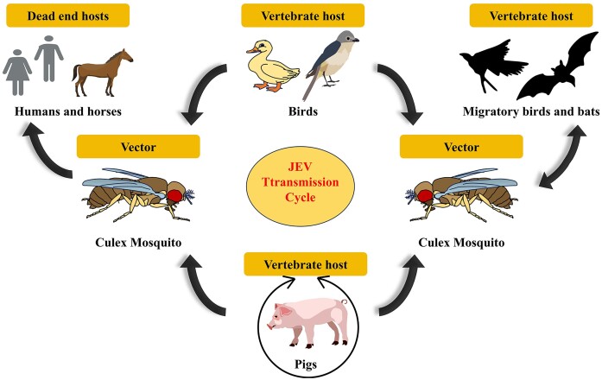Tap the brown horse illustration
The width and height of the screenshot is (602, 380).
pos(103,72)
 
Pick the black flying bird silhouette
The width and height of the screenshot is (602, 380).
pos(493,70)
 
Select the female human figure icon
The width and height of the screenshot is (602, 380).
pos(19,75)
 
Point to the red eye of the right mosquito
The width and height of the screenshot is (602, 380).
pos(424,195)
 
